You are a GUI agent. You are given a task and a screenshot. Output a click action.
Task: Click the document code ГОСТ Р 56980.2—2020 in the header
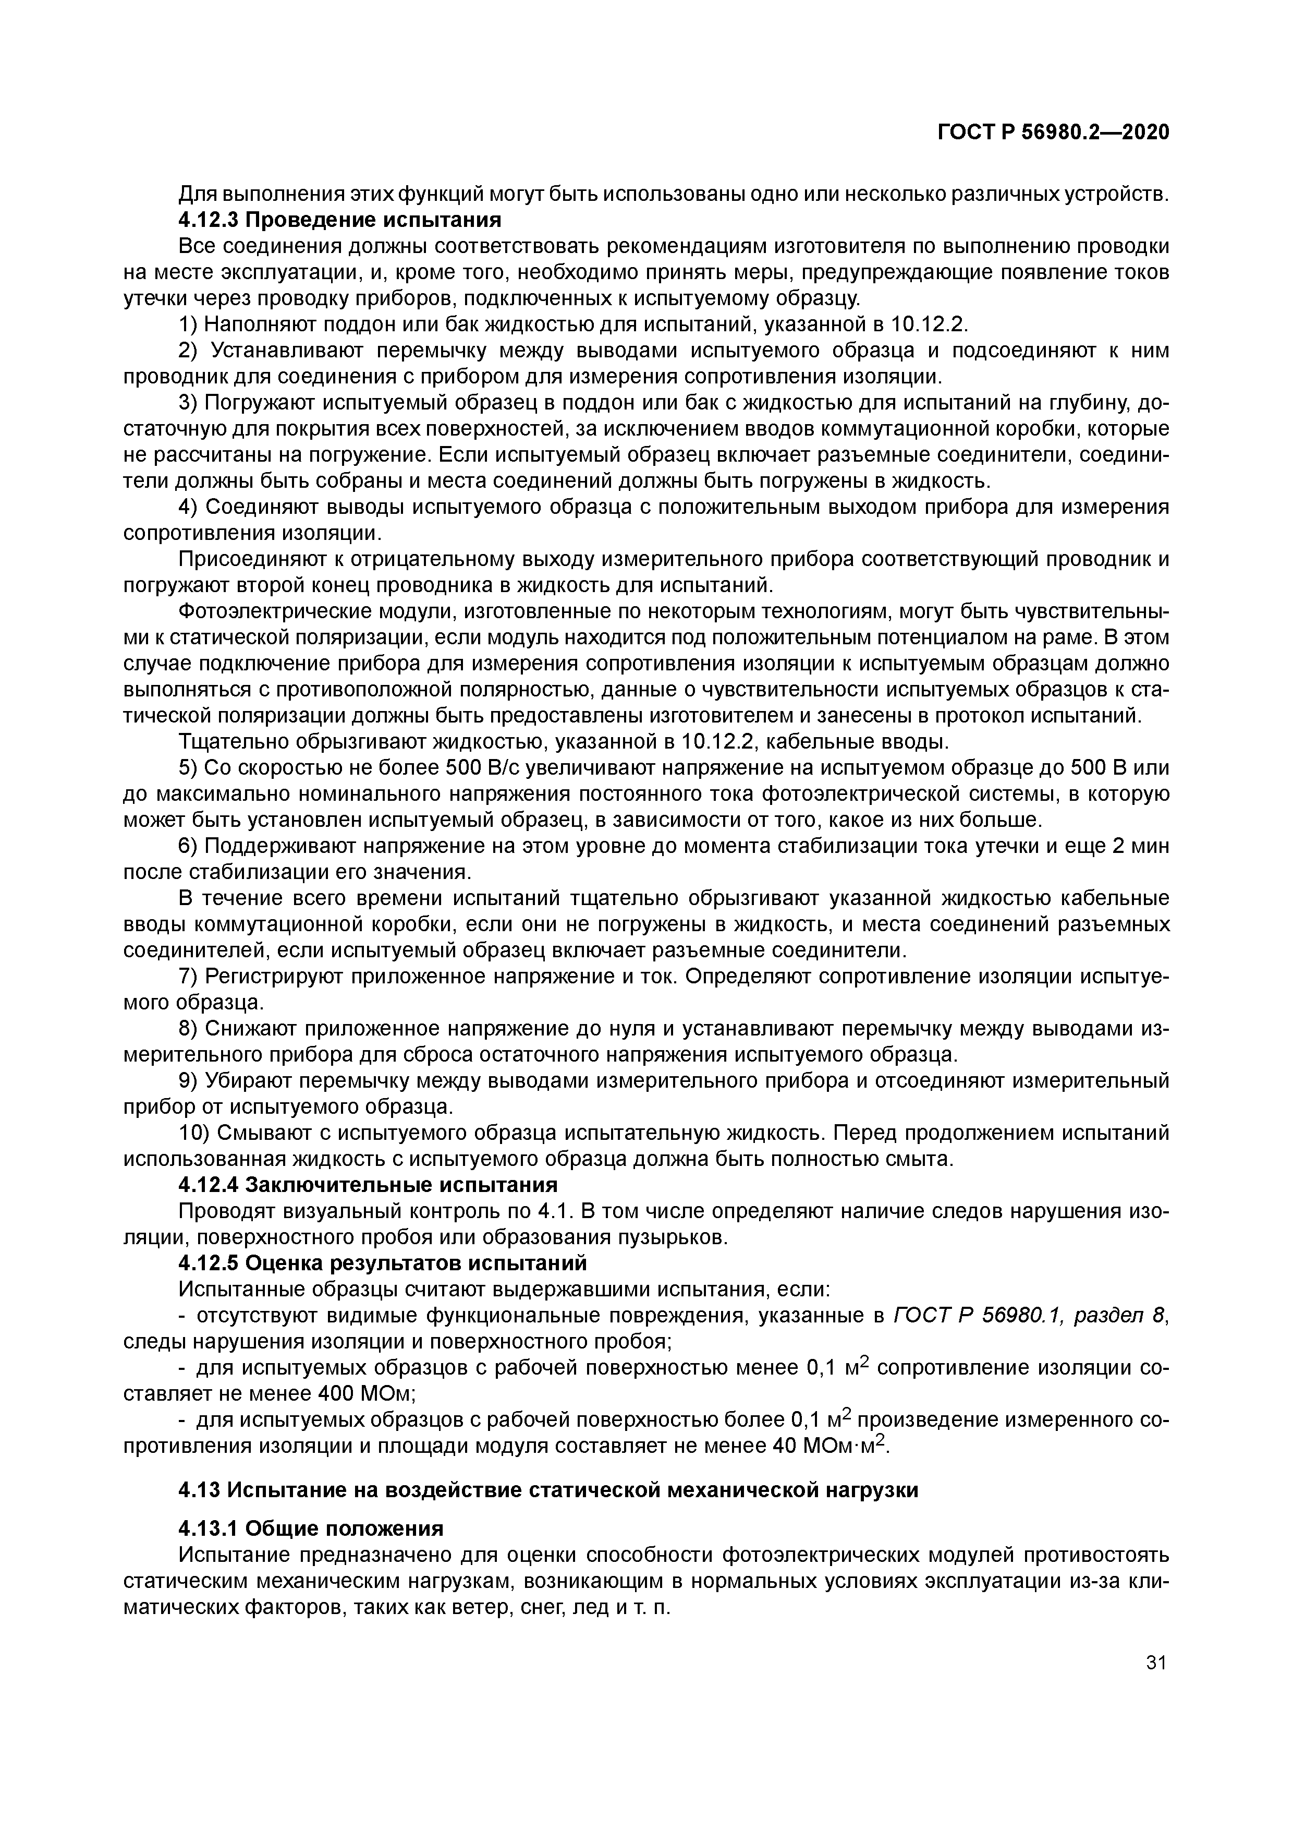(1053, 131)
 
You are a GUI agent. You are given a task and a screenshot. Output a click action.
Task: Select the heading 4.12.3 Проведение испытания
(339, 219)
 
